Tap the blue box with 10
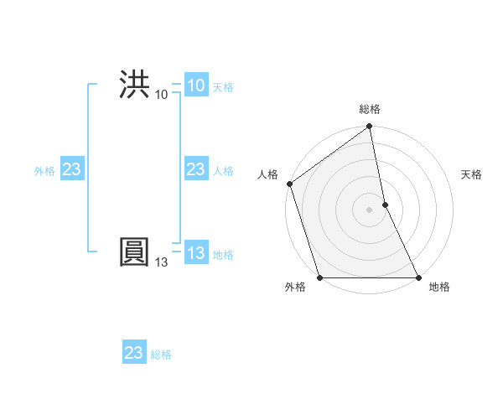pos(195,86)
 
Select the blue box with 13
pos(195,254)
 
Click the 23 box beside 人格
pos(195,170)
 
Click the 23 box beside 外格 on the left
pos(71,170)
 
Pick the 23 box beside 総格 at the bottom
pos(134,353)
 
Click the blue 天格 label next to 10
pos(223,87)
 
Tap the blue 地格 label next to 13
pos(223,255)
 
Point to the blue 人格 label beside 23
pos(223,171)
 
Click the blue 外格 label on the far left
pos(44,171)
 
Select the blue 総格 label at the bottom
pos(161,355)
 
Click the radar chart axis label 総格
pos(370,109)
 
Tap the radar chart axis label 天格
pos(472,174)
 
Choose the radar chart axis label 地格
pos(439,287)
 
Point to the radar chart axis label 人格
pos(267,174)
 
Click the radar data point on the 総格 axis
pos(370,127)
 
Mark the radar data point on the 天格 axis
pos(385,205)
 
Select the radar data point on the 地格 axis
pos(417,277)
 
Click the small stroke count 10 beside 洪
pos(161,94)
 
